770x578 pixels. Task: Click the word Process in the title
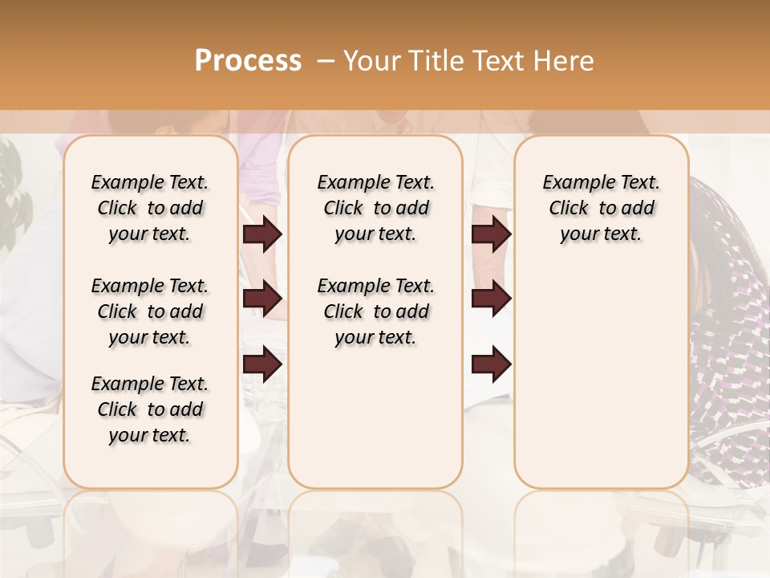click(x=248, y=61)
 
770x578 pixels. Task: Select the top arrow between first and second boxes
click(x=262, y=234)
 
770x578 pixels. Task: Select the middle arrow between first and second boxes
click(x=262, y=299)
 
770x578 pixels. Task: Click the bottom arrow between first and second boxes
click(x=262, y=364)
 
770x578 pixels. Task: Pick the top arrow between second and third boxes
click(x=491, y=234)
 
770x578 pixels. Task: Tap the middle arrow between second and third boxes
click(x=491, y=299)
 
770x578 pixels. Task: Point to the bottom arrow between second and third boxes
click(x=491, y=364)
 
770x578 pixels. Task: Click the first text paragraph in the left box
click(x=150, y=208)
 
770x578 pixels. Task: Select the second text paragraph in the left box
click(x=150, y=311)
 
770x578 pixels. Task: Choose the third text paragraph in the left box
click(x=150, y=409)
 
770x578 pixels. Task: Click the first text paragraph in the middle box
click(x=375, y=208)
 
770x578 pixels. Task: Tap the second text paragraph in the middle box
click(x=375, y=311)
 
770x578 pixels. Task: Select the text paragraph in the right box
click(x=602, y=208)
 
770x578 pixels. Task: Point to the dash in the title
click(x=325, y=61)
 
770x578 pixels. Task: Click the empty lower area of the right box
click(x=602, y=385)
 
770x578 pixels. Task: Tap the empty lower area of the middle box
click(x=375, y=417)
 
